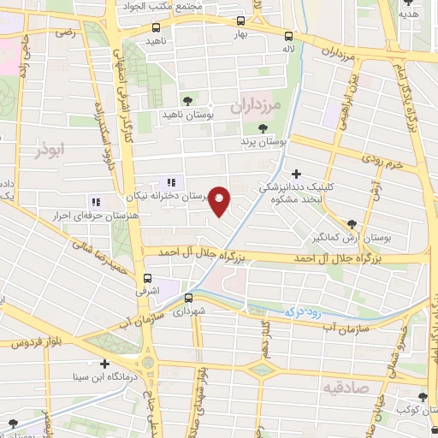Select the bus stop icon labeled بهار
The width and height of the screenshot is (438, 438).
[240, 21]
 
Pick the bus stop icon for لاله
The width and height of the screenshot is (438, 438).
[288, 36]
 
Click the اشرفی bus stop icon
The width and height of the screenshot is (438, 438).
[148, 278]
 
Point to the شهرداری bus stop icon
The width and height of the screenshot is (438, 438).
[188, 298]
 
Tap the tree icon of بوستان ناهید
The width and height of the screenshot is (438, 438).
[188, 100]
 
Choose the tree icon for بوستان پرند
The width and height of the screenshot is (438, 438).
[262, 127]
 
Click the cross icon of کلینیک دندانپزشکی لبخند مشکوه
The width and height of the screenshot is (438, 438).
[297, 173]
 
